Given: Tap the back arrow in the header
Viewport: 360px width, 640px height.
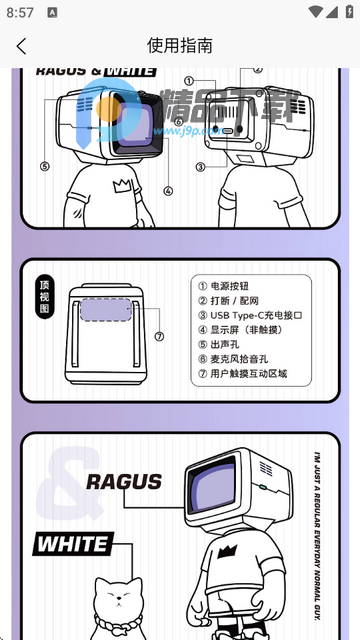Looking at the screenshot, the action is click(21, 45).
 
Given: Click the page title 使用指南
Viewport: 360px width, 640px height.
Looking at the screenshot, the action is click(180, 45).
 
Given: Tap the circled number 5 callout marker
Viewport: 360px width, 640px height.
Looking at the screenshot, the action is click(44, 167).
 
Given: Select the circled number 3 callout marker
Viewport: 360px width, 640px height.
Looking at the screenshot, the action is click(200, 167).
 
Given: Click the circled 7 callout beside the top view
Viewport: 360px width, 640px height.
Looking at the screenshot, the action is click(159, 336).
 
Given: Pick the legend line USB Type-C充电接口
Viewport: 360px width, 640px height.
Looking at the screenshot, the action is click(249, 315).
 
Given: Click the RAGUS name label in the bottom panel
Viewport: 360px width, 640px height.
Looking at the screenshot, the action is click(123, 482).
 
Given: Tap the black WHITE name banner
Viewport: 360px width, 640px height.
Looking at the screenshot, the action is click(71, 545).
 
